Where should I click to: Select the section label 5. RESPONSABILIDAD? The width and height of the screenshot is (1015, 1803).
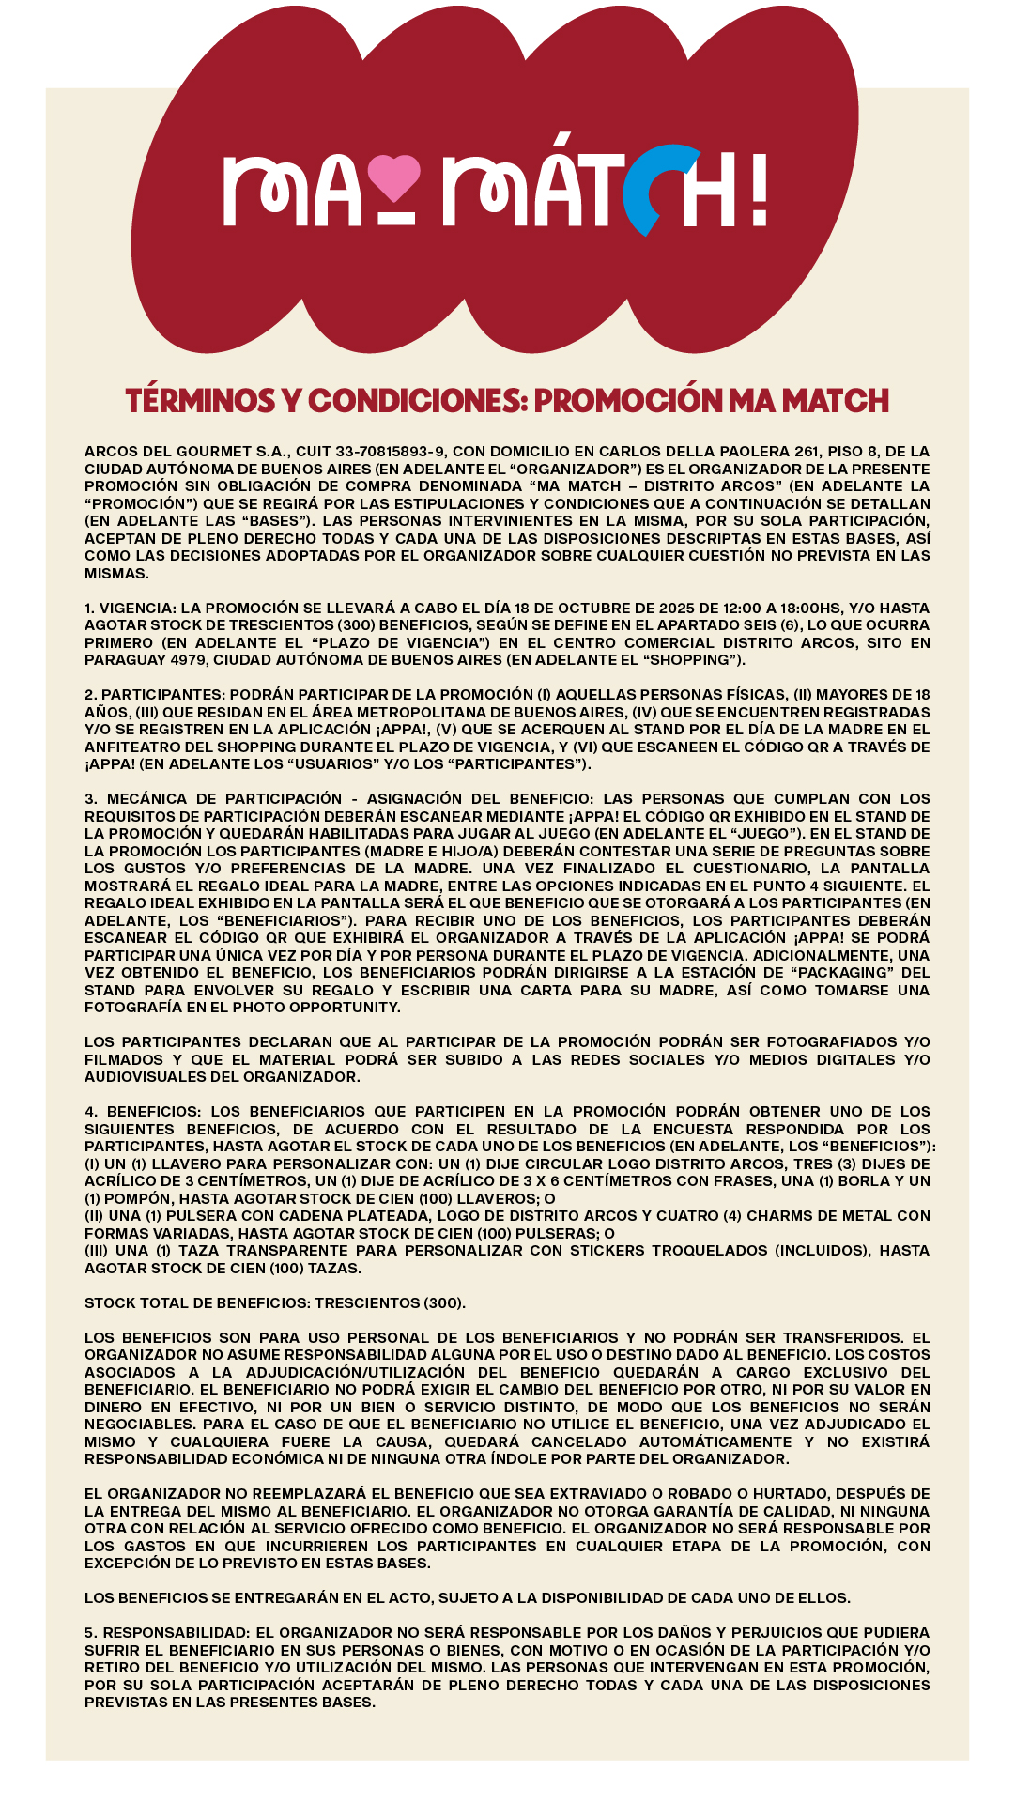(165, 1633)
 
